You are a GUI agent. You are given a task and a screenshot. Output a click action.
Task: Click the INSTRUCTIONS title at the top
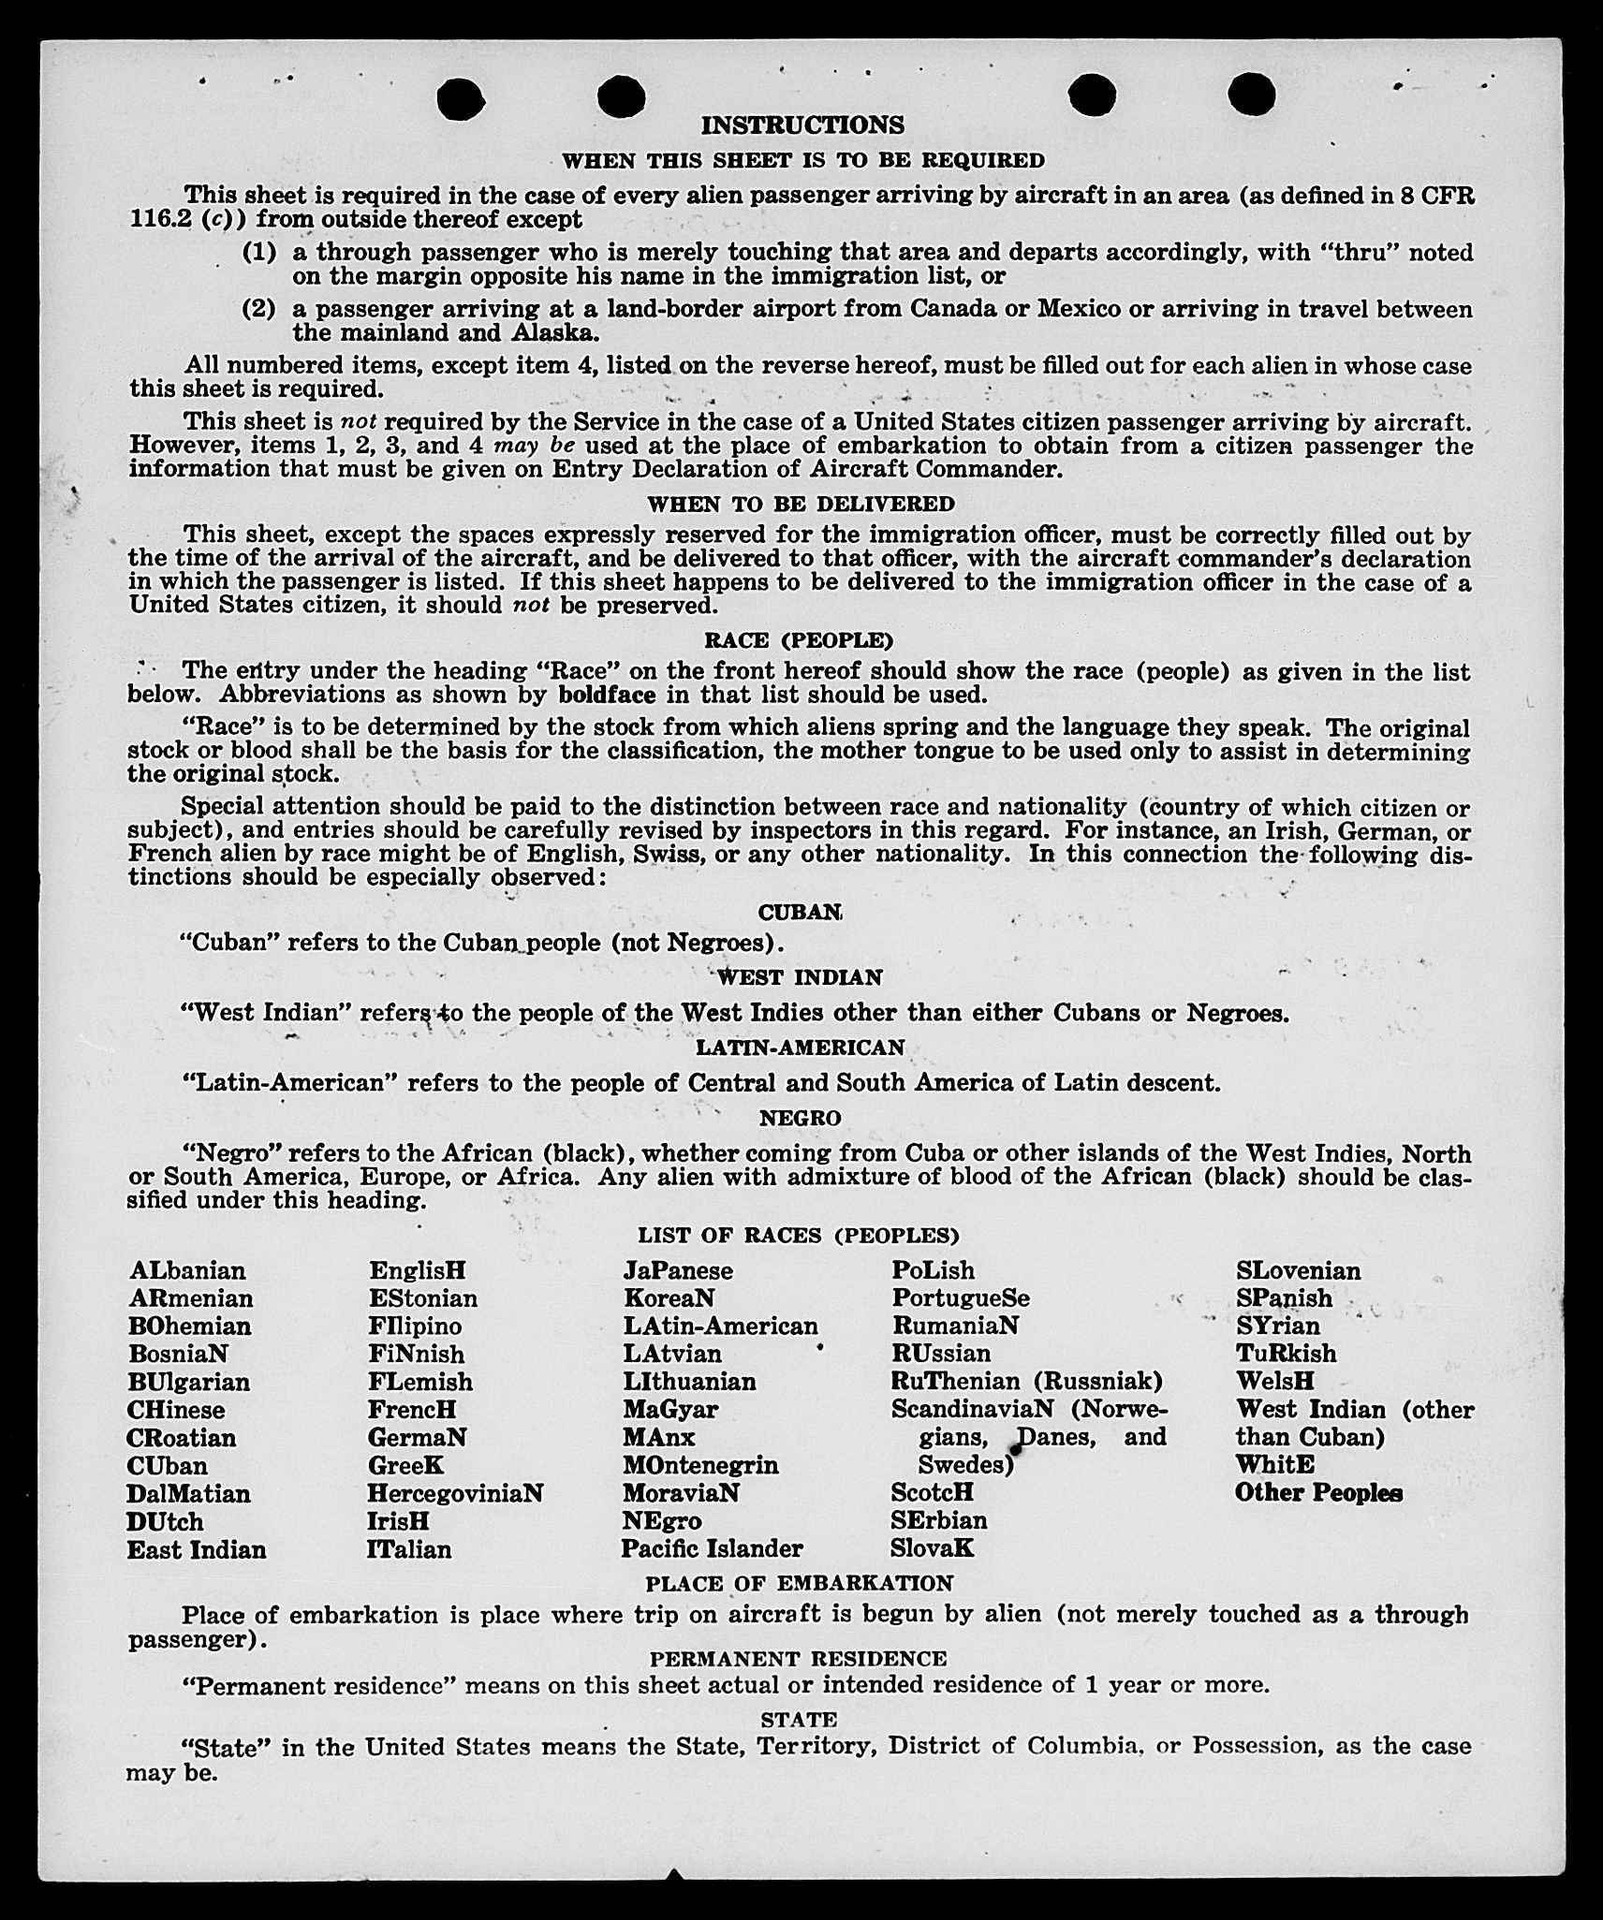tap(802, 125)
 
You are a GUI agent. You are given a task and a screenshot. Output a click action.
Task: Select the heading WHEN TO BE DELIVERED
tap(801, 504)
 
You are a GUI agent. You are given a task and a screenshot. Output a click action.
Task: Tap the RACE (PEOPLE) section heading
tap(799, 640)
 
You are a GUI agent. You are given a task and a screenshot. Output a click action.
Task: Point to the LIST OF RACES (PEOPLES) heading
tap(799, 1236)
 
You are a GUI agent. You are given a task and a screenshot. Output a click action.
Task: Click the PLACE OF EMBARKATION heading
tap(799, 1583)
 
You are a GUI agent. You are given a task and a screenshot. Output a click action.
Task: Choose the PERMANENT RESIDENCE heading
tap(799, 1659)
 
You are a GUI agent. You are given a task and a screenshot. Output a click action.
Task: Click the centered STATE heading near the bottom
tap(799, 1720)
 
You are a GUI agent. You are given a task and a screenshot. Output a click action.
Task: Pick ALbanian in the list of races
tap(187, 1270)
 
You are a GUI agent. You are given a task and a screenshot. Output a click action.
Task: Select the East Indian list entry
tap(197, 1550)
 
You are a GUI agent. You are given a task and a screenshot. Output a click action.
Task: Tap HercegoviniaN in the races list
tap(455, 1493)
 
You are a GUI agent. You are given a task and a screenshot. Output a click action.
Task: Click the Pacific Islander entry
tap(712, 1549)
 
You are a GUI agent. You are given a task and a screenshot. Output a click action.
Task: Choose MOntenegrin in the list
tap(700, 1465)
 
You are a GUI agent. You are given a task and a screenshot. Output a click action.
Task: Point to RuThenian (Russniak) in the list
tap(1026, 1381)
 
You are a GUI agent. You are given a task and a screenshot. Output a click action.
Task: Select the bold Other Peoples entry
tap(1318, 1493)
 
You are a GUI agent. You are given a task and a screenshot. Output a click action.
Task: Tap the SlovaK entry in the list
tap(932, 1548)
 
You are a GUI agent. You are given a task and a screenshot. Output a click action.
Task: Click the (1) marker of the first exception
tap(259, 252)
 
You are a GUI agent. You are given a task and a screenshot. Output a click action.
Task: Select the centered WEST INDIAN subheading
tap(801, 977)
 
